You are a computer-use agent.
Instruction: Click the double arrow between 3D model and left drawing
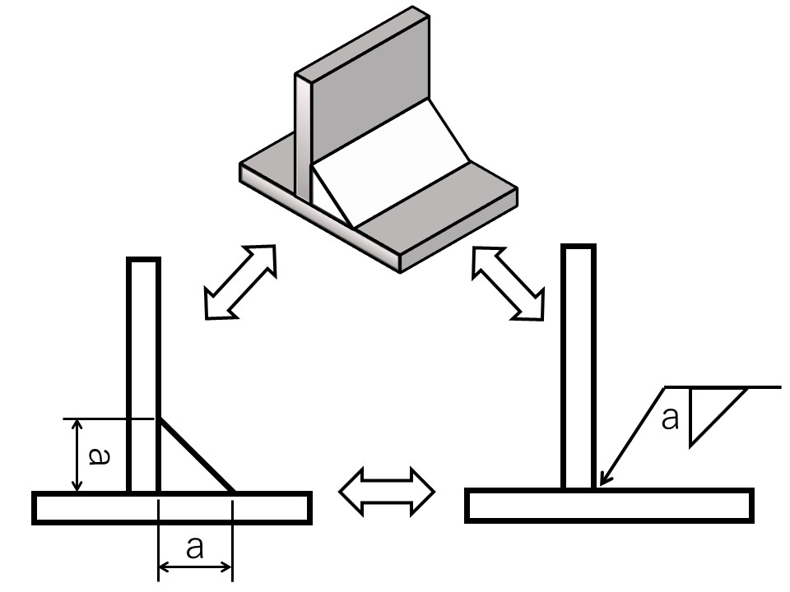point(239,282)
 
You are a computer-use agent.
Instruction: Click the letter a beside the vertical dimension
point(97,456)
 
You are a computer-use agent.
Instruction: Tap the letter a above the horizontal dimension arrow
point(195,547)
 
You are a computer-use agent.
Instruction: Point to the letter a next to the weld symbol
point(671,419)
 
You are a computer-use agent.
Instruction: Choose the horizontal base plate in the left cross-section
point(172,507)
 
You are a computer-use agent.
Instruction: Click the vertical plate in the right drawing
point(578,362)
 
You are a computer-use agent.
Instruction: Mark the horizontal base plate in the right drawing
point(609,505)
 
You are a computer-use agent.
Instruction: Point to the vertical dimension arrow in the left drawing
point(77,456)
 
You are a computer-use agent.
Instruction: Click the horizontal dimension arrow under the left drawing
point(195,566)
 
